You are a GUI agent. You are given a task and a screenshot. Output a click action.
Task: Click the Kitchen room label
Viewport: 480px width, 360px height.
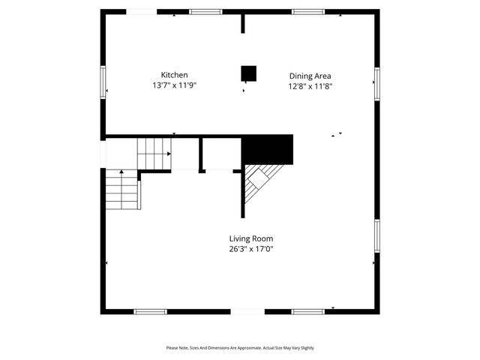[x=174, y=75]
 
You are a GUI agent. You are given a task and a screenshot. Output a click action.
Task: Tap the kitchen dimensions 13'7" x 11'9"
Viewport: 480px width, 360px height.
[x=174, y=85]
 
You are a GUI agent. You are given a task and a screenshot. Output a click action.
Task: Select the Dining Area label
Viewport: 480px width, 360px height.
[x=310, y=76]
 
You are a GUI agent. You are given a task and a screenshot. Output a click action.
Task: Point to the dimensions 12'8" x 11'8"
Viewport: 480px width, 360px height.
[x=310, y=86]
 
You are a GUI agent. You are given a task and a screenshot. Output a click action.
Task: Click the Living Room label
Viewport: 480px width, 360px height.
[x=250, y=238]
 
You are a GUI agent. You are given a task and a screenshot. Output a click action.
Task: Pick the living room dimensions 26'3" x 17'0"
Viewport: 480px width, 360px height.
[x=250, y=249]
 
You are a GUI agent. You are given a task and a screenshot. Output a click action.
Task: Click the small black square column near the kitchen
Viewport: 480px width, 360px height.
[x=248, y=73]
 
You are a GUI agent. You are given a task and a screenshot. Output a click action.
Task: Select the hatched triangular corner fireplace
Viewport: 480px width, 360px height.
[x=259, y=184]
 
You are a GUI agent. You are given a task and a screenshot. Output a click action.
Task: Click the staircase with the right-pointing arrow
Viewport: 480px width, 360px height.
[x=154, y=154]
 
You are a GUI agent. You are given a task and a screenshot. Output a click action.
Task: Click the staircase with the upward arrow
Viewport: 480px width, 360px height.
[x=121, y=190]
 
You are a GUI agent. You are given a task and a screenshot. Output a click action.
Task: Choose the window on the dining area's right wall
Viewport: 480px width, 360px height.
[x=376, y=82]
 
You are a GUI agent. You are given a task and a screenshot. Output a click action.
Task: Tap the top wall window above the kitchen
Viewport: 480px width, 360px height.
[x=205, y=12]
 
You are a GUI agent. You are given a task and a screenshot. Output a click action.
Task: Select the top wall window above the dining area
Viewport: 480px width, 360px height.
[x=307, y=12]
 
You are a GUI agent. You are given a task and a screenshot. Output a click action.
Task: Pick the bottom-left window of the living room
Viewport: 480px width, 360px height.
[x=150, y=311]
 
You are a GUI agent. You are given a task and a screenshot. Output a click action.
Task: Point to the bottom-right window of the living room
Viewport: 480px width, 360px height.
[x=307, y=311]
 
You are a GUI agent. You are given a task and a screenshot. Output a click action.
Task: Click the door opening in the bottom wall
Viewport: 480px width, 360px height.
[x=247, y=311]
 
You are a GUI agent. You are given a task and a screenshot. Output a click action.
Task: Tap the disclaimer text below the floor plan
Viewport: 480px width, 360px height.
[x=240, y=348]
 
